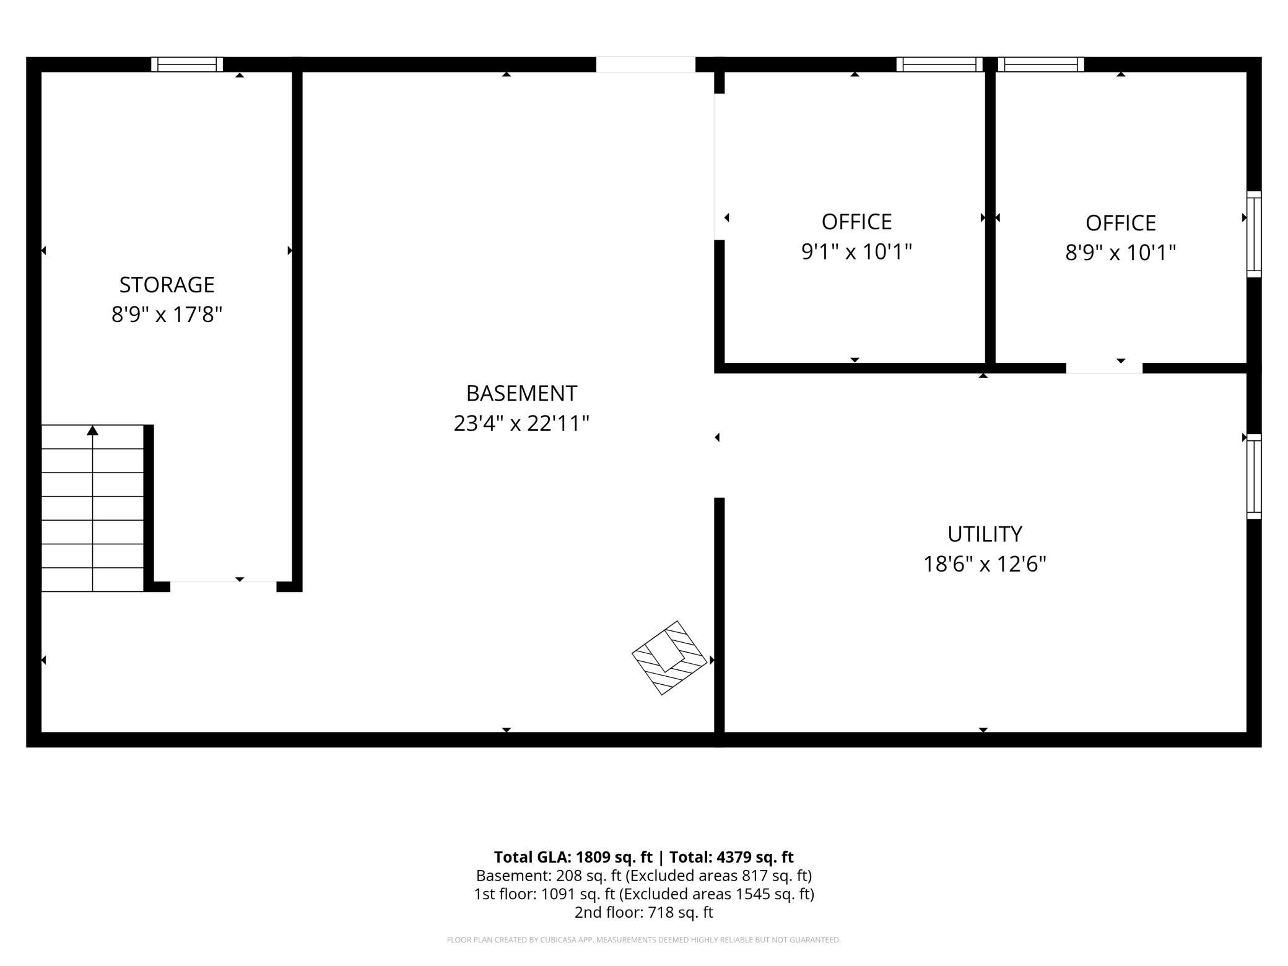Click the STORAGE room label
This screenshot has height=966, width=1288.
(167, 285)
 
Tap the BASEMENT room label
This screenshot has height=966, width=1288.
(521, 393)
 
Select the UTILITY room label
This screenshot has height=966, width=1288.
(985, 534)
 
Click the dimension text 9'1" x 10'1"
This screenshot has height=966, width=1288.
(856, 252)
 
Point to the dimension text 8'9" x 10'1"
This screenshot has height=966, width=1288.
(1120, 253)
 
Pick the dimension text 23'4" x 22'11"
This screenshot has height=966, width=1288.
(521, 424)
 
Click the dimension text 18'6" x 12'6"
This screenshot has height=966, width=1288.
(985, 564)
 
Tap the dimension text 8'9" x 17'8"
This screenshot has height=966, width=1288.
(167, 315)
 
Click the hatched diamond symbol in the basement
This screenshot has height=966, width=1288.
(669, 658)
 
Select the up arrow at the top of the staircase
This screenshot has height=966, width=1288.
(92, 430)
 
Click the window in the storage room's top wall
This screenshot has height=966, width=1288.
(187, 64)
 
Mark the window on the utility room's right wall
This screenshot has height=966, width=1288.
(1254, 476)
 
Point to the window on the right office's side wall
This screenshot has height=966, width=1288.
(1254, 234)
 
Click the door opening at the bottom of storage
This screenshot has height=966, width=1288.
(223, 586)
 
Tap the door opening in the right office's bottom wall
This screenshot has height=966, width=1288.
(1104, 368)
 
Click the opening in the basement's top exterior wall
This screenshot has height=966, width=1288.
(646, 64)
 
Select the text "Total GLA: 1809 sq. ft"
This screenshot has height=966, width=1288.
(573, 857)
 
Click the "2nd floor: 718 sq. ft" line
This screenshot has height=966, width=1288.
(644, 912)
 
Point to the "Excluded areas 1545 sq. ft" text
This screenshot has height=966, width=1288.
(718, 894)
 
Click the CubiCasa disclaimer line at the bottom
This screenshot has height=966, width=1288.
(644, 940)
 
